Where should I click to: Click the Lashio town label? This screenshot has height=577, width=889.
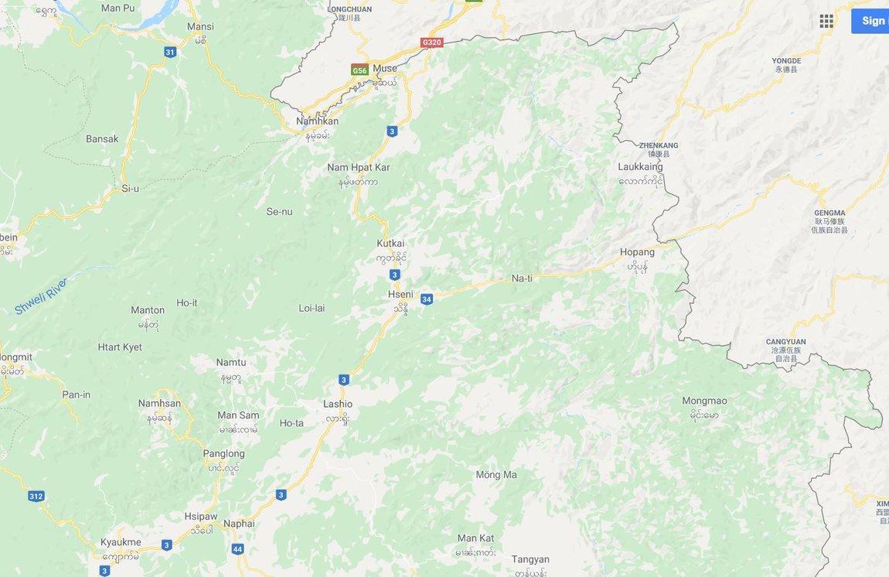[338, 404]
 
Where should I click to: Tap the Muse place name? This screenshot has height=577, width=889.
[384, 68]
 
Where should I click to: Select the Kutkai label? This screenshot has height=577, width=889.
[390, 243]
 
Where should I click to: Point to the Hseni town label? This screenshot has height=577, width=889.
[400, 294]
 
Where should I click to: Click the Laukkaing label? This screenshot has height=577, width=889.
[640, 166]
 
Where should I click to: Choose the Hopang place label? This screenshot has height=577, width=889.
[637, 252]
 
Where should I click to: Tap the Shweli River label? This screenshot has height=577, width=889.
[40, 296]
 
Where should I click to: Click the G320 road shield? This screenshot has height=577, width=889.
[431, 43]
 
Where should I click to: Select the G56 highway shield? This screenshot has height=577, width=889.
[359, 70]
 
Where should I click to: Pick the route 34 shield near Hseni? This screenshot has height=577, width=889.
[427, 299]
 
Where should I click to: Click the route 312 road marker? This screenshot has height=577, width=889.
[36, 496]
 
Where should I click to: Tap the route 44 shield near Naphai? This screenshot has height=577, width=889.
[237, 549]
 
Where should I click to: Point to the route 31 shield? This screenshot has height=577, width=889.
[170, 52]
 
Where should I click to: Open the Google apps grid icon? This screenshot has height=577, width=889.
[826, 21]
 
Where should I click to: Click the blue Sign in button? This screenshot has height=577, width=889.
[871, 21]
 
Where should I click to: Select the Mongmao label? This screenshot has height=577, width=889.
[704, 401]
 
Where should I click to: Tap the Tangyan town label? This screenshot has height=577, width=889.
[530, 559]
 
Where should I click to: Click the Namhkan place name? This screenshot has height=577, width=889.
[317, 121]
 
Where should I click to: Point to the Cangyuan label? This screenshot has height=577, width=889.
[785, 341]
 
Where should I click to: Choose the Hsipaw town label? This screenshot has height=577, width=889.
[201, 516]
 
